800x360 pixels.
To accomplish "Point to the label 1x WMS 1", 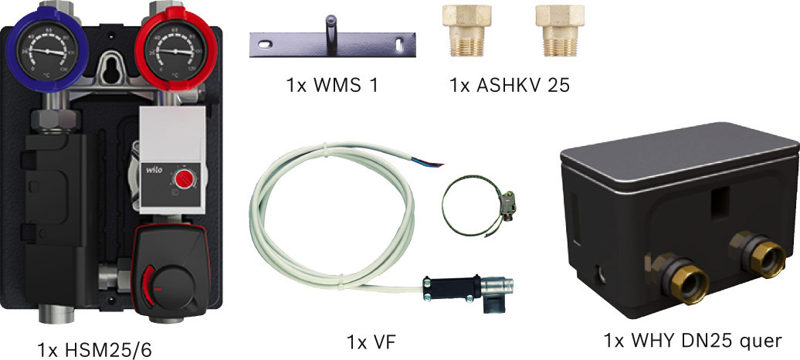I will [x=332, y=86].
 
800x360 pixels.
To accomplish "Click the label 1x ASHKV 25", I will [x=510, y=86].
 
